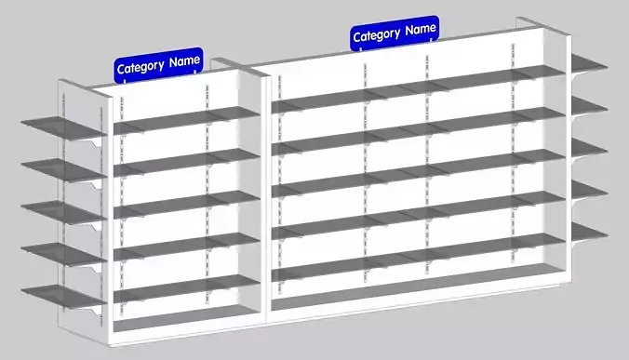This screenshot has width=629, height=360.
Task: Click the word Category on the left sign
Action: pyautogui.click(x=141, y=67)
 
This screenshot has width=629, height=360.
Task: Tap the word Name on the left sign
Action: pyautogui.click(x=184, y=62)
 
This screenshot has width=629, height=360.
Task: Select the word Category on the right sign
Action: pyautogui.click(x=377, y=35)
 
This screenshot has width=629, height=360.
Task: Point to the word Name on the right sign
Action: pyautogui.click(x=421, y=30)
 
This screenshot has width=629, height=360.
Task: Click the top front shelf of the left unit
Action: pyautogui.click(x=186, y=116)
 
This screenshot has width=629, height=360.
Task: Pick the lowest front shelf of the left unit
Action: pyautogui.click(x=186, y=283)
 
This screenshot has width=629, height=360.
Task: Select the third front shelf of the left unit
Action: pyautogui.click(x=186, y=200)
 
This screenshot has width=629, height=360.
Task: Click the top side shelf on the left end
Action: pyautogui.click(x=60, y=126)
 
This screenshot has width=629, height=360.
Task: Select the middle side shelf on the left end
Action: pyautogui.click(x=60, y=211)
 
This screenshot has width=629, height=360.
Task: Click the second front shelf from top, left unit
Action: pyautogui.click(x=186, y=158)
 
